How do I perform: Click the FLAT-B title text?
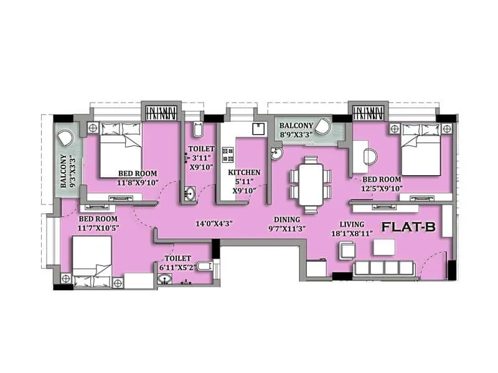click(x=408, y=228)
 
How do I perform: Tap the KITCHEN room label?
click(x=244, y=172)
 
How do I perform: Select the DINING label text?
click(x=286, y=219)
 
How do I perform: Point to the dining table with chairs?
click(x=309, y=182)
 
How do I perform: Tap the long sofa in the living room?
click(x=383, y=269)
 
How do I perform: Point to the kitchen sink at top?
click(x=256, y=128)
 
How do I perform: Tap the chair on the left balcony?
click(x=65, y=137)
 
